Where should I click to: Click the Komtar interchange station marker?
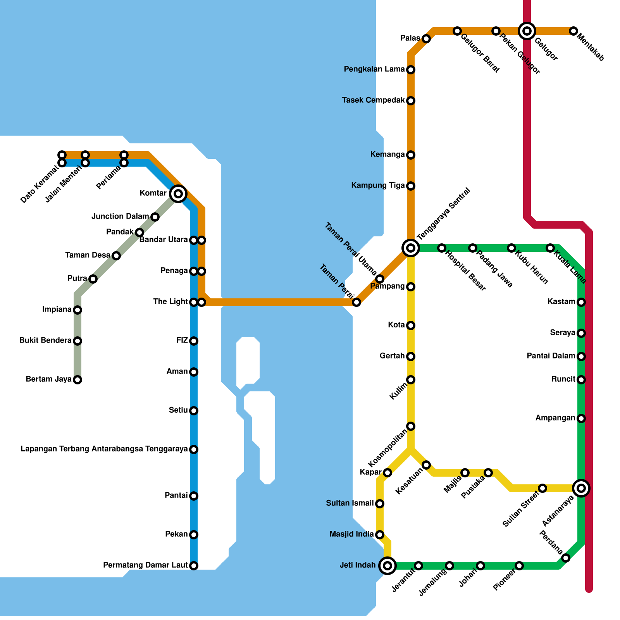[178, 193]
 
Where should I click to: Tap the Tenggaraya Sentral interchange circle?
[411, 248]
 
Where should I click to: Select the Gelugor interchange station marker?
[527, 31]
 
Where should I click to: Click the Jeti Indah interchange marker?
[387, 566]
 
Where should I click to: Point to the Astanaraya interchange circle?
[581, 488]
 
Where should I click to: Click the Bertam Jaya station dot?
[77, 380]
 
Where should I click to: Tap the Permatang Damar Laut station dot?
[194, 566]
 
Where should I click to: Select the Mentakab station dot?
[573, 31]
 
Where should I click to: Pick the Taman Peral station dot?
[356, 302]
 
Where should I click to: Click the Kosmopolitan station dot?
[411, 426]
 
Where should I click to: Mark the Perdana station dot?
[566, 558]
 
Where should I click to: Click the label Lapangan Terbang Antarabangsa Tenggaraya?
[104, 449]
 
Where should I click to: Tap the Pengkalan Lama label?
[374, 69]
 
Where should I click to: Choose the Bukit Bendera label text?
[45, 341]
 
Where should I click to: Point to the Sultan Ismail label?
[350, 503]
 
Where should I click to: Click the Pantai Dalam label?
[551, 356]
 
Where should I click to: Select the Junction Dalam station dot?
[155, 217]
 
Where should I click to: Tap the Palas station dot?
[426, 39]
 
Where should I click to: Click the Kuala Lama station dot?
[550, 248]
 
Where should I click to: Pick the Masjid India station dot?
[380, 535]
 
